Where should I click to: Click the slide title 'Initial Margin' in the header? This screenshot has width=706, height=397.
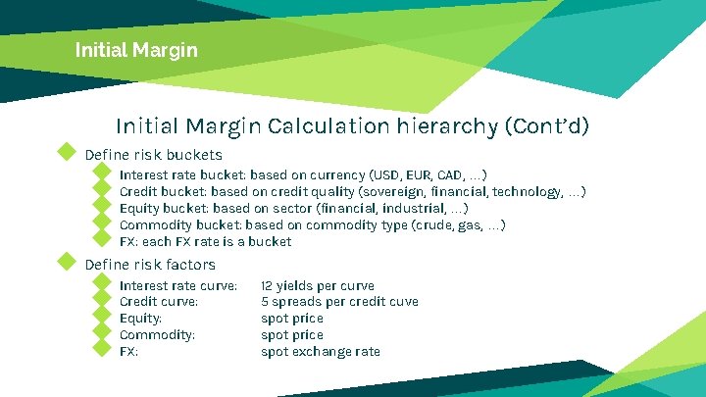(136, 49)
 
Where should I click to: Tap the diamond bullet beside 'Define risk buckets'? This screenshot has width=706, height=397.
(67, 152)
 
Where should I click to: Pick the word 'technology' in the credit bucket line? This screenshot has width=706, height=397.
(526, 192)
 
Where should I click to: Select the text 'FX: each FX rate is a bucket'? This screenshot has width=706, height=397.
(205, 242)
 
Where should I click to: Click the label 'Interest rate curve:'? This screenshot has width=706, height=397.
(177, 286)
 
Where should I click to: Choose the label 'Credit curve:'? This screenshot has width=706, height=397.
(158, 302)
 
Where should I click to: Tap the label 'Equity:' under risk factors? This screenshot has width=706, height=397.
(140, 319)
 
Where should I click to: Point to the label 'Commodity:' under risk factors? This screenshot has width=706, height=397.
(157, 335)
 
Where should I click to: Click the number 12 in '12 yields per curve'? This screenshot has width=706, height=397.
(267, 286)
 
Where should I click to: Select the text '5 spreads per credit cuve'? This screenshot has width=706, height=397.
(339, 302)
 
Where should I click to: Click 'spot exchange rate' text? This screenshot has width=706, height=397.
(320, 352)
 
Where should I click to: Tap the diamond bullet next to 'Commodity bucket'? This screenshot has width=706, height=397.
(100, 223)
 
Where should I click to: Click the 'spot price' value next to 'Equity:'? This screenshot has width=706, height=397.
(291, 319)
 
